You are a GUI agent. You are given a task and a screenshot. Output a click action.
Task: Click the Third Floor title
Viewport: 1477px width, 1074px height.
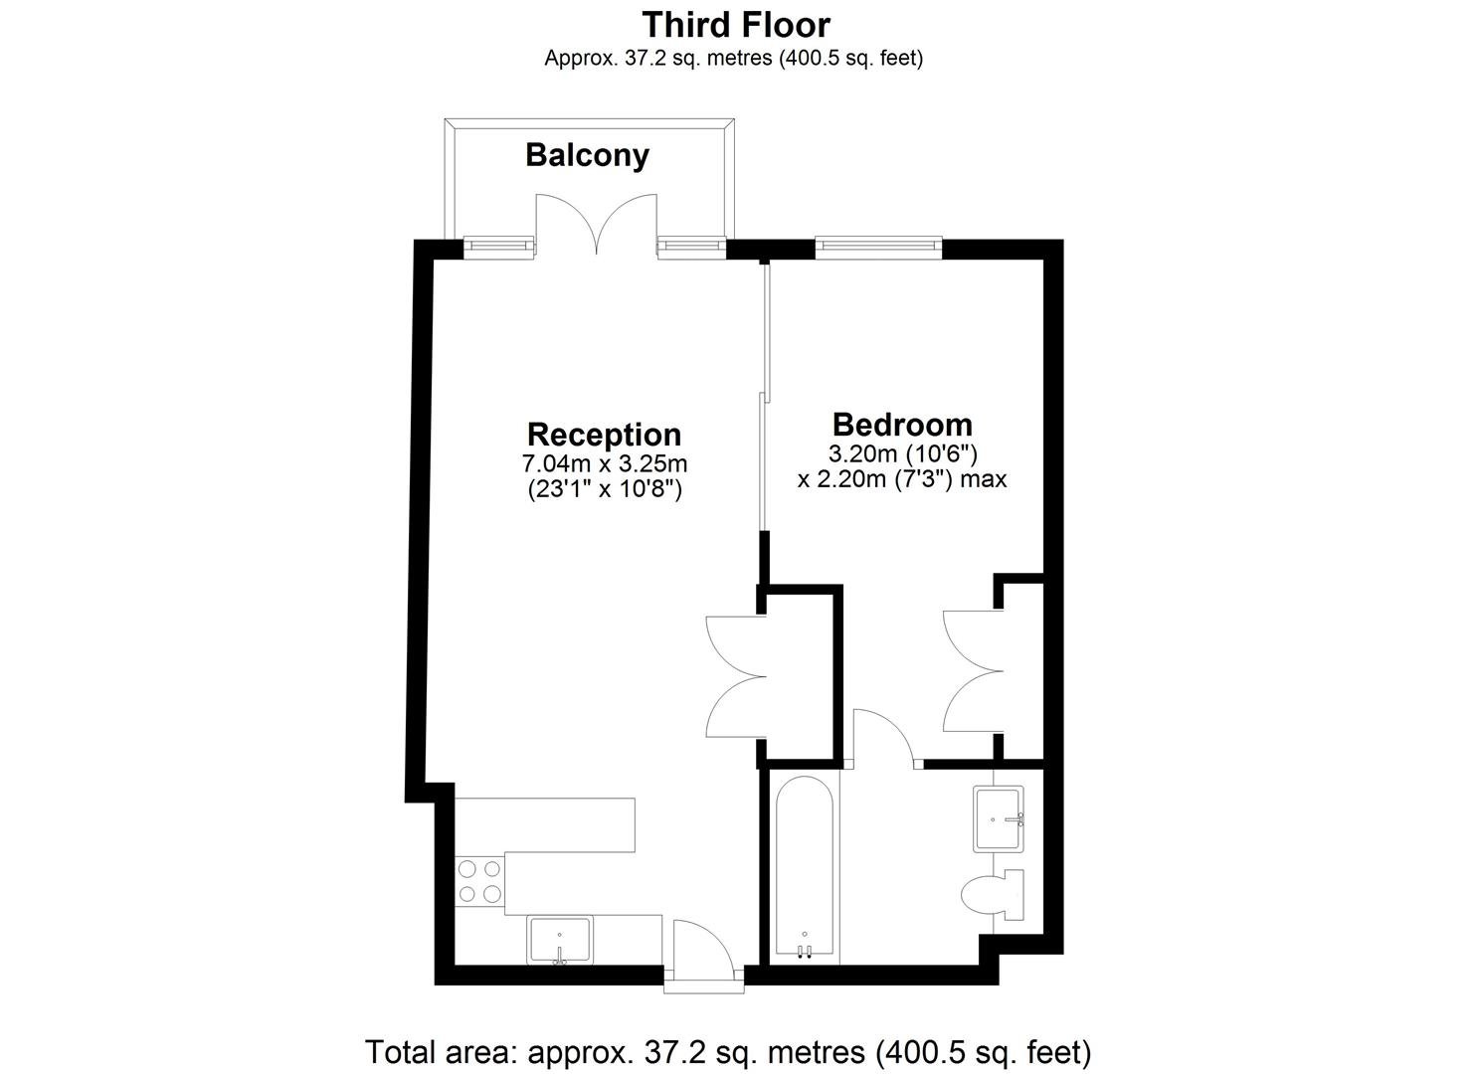pyautogui.click(x=735, y=24)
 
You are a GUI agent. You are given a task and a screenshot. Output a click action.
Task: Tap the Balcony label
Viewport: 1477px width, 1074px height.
pyautogui.click(x=587, y=155)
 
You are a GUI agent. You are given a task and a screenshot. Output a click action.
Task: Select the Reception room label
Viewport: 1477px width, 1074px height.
pyautogui.click(x=604, y=435)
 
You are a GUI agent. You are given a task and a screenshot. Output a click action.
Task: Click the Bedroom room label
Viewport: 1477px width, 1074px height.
pyautogui.click(x=902, y=425)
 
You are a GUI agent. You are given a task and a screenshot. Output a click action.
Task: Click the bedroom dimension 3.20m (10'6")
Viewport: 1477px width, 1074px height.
pyautogui.click(x=902, y=453)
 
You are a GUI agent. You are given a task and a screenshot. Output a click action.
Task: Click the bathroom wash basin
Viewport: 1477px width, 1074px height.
pyautogui.click(x=999, y=818)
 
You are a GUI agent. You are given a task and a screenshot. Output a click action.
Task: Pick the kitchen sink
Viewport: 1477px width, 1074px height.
pyautogui.click(x=560, y=940)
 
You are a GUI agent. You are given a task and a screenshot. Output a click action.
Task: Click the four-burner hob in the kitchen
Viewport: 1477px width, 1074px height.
pyautogui.click(x=479, y=881)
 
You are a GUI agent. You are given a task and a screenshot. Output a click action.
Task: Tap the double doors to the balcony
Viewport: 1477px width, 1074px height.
pyautogui.click(x=596, y=224)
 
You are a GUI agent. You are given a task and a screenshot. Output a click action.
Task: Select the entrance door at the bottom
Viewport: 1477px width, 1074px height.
pyautogui.click(x=703, y=955)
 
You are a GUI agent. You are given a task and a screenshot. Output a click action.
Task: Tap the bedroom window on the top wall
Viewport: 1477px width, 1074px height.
pyautogui.click(x=878, y=246)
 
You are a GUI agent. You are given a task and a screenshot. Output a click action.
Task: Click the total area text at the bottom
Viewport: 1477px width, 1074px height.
pyautogui.click(x=728, y=1051)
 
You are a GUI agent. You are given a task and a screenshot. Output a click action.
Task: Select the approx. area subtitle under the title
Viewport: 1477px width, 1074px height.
pyautogui.click(x=733, y=59)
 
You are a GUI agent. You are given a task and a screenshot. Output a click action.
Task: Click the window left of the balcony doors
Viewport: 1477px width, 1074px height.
pyautogui.click(x=497, y=246)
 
